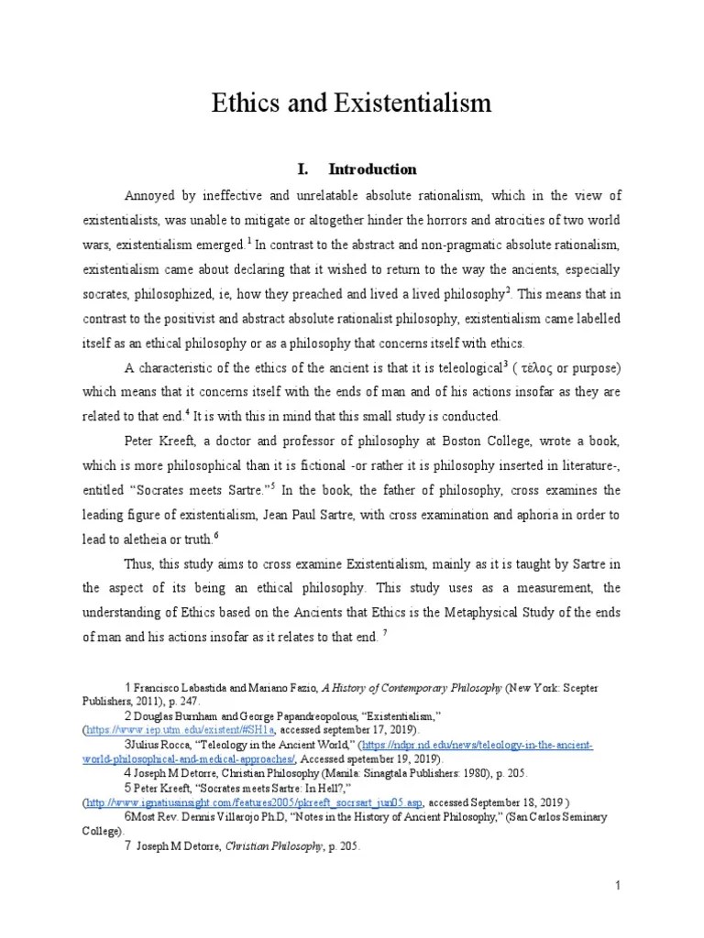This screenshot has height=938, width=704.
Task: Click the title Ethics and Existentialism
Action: (352, 104)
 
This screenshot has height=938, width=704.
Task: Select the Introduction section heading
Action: (372, 169)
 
